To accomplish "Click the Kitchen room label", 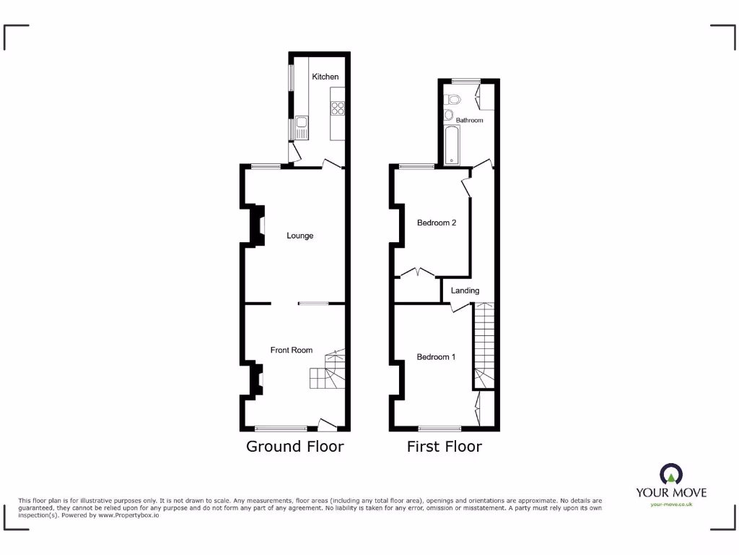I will (325, 77).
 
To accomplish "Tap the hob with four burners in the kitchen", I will (337, 108).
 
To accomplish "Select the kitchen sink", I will (301, 129).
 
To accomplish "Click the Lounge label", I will (299, 236).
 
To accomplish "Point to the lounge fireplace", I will (256, 225).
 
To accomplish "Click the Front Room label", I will (292, 350).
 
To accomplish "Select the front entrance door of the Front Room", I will (328, 425).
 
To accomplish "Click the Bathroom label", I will (469, 120).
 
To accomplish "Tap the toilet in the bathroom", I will (454, 100).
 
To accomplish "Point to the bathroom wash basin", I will (448, 116).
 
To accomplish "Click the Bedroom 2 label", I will (437, 223).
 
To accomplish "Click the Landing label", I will (465, 291).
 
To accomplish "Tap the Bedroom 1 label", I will (436, 357).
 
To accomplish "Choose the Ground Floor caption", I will (295, 446).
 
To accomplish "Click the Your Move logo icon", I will (671, 475).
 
